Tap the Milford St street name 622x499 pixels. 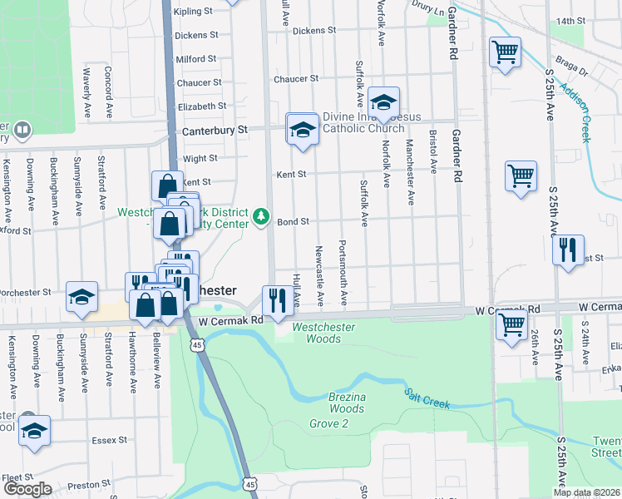point(196,59)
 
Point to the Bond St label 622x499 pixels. point(293,222)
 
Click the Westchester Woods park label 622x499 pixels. point(323,333)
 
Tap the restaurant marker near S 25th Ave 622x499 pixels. point(568,249)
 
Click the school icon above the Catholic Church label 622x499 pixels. point(383,101)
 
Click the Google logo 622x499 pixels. point(27,489)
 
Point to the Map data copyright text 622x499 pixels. point(587,492)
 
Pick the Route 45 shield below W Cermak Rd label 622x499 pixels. point(197,344)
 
